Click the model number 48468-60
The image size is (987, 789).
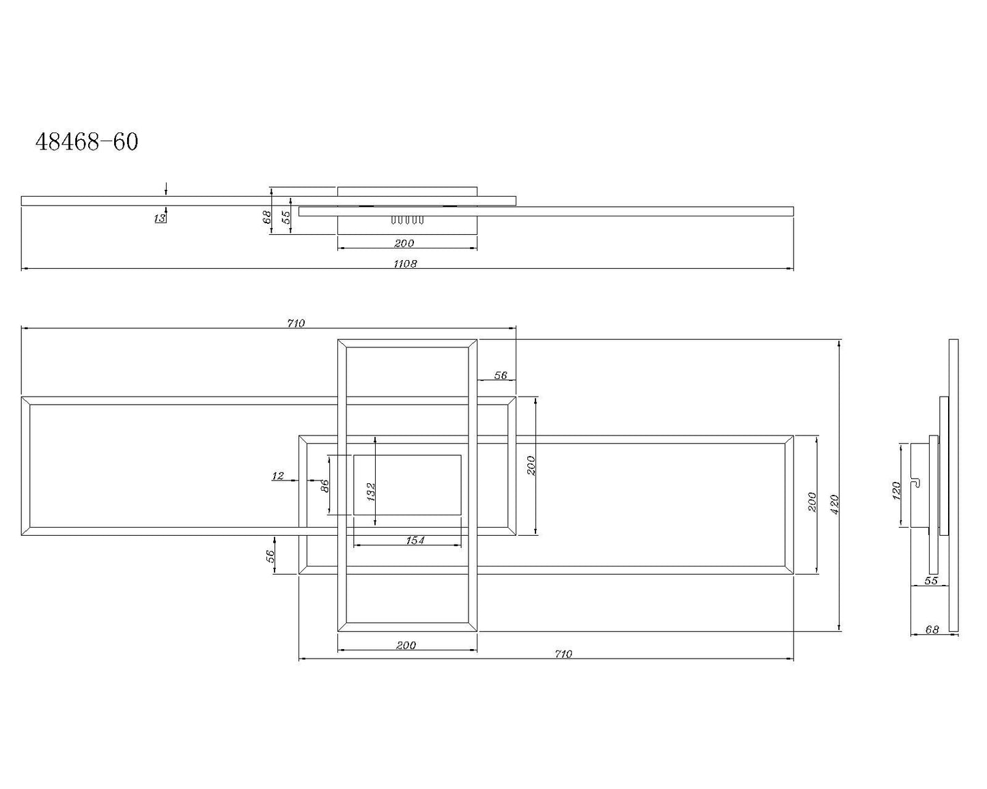87,142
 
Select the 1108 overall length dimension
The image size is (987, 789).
405,263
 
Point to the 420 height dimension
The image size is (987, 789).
835,504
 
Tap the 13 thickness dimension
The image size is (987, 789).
160,218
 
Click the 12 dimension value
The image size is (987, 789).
278,476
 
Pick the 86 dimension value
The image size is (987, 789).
325,485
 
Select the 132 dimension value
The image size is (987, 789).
371,491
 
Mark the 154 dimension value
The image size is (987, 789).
415,541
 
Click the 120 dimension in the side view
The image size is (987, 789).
897,489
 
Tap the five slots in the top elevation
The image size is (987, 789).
407,220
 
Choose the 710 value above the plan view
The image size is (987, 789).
296,324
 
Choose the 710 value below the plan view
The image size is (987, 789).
563,654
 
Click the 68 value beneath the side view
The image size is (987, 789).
932,630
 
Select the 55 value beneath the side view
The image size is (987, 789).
930,581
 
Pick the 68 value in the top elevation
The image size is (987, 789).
267,218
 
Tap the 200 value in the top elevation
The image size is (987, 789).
404,243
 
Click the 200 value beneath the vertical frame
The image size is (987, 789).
406,645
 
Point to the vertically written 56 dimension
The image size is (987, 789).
270,556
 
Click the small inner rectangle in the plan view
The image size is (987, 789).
407,485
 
